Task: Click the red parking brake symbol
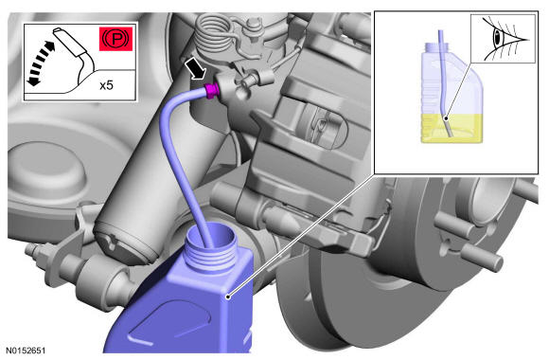tap(115, 39)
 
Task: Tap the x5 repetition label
tap(106, 85)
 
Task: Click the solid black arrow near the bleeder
tap(195, 68)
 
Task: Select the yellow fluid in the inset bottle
tap(452, 128)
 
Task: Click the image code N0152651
tap(26, 351)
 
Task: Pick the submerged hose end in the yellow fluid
tap(447, 127)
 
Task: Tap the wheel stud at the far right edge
tap(525, 191)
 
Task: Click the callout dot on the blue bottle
tap(228, 297)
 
